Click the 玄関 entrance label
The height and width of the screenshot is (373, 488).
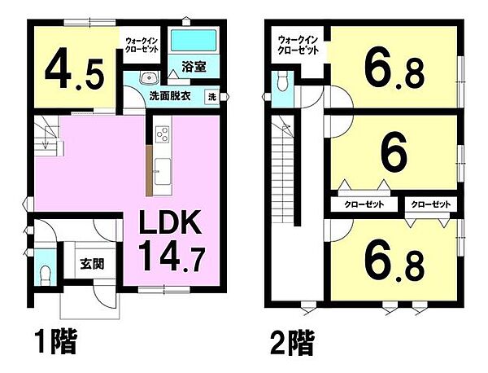click(x=90, y=264)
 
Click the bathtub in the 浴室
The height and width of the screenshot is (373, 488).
click(x=193, y=41)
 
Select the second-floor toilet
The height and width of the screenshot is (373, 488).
click(x=281, y=81)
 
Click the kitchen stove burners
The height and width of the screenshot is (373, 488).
click(x=160, y=133)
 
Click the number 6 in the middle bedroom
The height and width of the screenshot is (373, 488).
click(x=394, y=156)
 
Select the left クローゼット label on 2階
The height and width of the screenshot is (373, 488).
click(x=359, y=204)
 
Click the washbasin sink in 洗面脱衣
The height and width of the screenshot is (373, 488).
click(x=147, y=78)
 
